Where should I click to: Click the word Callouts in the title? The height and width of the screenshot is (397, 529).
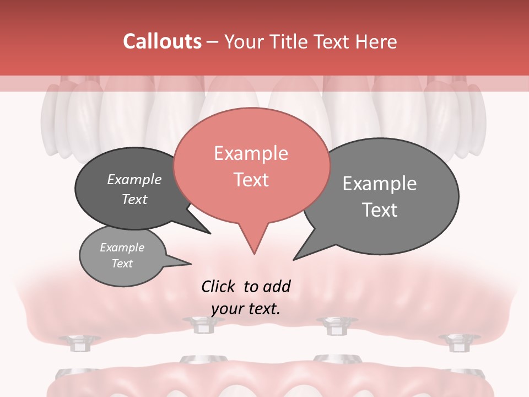coord(162,41)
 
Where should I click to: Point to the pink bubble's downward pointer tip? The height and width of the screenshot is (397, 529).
coord(254,254)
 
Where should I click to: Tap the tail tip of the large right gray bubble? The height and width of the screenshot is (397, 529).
coord(294,259)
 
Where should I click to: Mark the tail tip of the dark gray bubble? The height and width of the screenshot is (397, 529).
coord(210,233)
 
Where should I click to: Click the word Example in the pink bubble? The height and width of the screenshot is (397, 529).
coord(251,153)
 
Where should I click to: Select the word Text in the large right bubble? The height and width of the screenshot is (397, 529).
coord(380,210)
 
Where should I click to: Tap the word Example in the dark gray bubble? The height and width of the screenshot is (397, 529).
coord(134,180)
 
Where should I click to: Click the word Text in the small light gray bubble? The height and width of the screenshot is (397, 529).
coord(122,264)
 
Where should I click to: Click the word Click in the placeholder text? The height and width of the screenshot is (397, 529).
coord(219,286)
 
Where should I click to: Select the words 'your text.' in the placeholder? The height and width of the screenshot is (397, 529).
coord(246,309)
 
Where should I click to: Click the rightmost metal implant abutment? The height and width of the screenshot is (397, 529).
coord(455,342)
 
